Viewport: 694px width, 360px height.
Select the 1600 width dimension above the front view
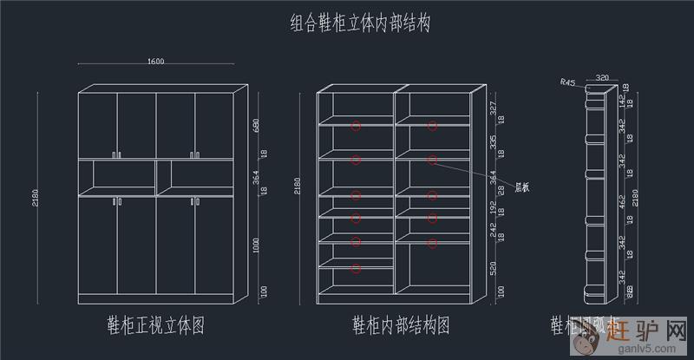[x=156, y=62]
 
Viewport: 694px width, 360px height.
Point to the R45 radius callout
[x=567, y=82]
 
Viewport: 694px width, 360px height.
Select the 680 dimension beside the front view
[x=256, y=125]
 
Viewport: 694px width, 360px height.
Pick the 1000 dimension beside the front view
[x=256, y=246]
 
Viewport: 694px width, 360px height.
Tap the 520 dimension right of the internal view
[x=493, y=269]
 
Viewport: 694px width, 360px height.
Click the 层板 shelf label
[x=522, y=187]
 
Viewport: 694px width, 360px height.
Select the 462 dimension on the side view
[x=621, y=205]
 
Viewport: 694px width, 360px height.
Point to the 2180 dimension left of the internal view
[x=300, y=186]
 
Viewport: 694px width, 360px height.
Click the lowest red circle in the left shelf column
[x=356, y=268]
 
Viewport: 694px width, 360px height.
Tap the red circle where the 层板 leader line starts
[x=432, y=160]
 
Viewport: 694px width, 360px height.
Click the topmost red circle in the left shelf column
[x=356, y=127]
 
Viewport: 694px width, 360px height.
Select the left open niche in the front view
[x=116, y=177]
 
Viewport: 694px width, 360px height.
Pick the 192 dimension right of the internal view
[x=493, y=208]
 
